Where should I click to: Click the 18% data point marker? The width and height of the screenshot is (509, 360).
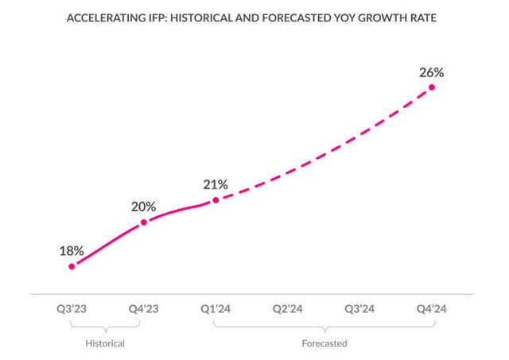click(72, 266)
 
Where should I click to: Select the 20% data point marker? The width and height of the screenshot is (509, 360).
click(143, 223)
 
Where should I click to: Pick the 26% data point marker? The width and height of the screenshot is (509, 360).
click(433, 87)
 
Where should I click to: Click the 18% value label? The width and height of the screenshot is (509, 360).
click(72, 250)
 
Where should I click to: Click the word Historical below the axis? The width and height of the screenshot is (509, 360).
click(106, 343)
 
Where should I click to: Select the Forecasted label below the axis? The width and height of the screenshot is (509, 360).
click(324, 343)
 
